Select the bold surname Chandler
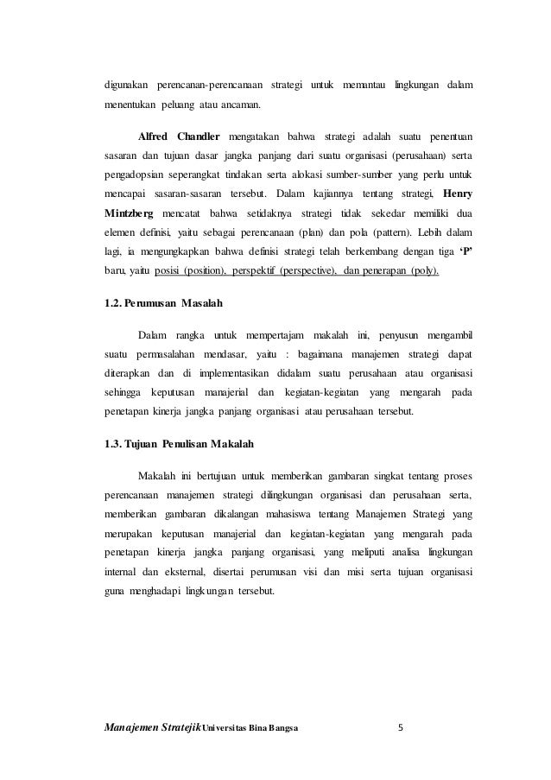click(x=199, y=138)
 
